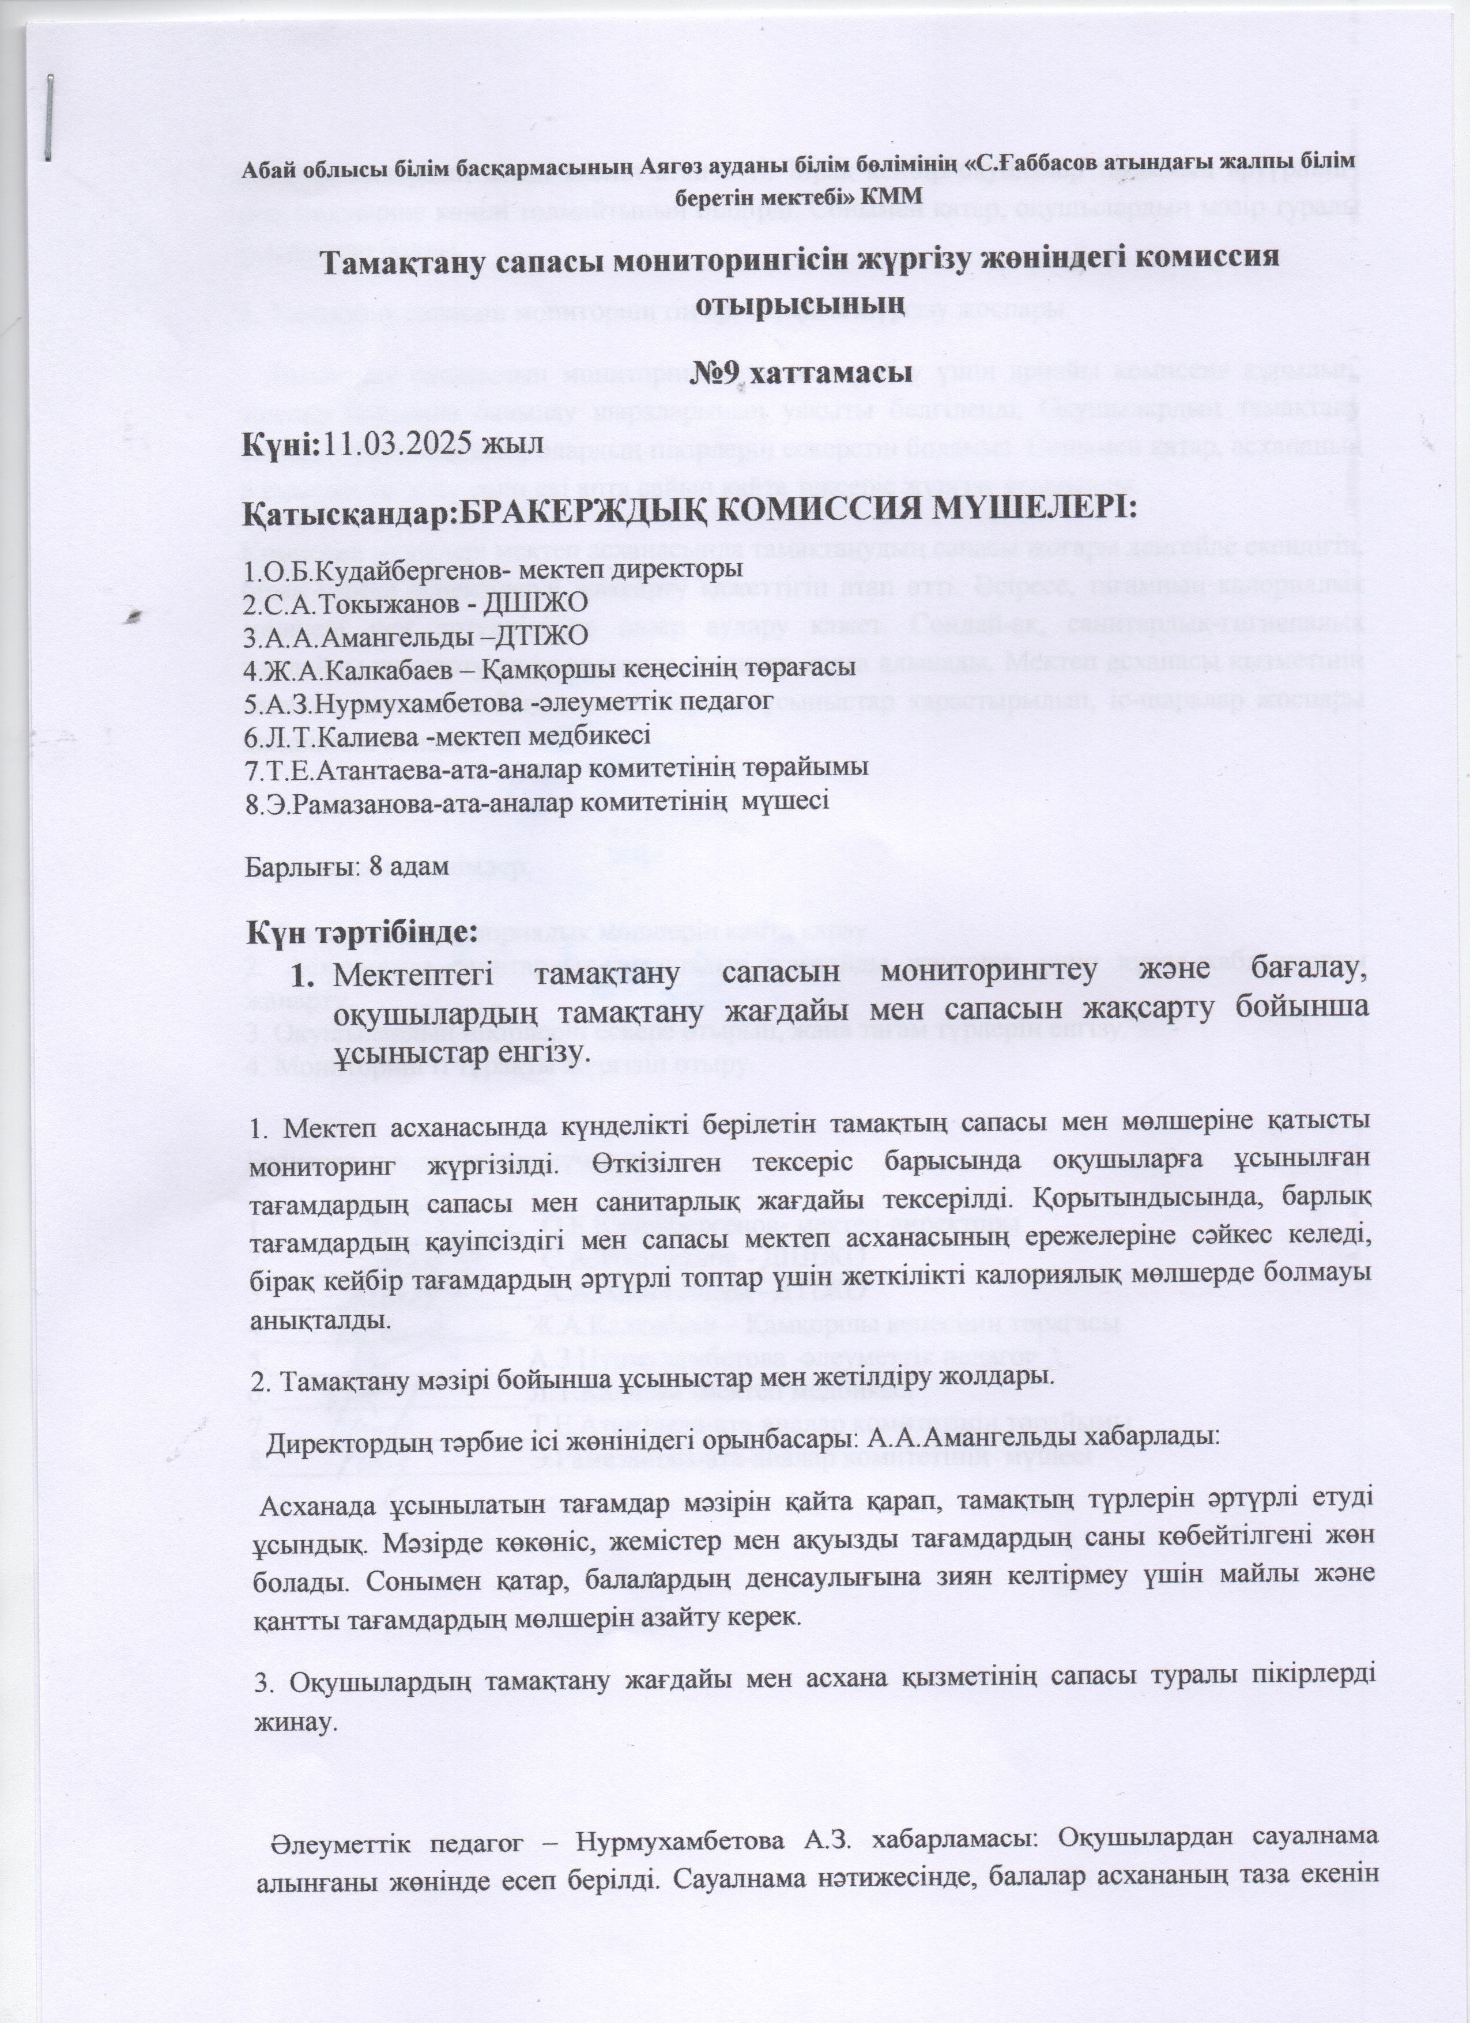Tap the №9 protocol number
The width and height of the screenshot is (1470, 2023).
coord(718,372)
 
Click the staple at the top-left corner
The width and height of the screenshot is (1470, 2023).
coord(49,118)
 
